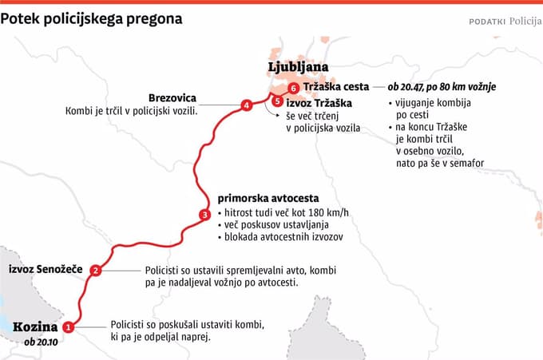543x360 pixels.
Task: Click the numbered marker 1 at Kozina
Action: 68,326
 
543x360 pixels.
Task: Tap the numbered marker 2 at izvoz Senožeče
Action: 96,271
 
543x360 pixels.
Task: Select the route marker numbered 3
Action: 204,214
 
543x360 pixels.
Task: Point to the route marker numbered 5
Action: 276,101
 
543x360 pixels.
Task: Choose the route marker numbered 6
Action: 294,87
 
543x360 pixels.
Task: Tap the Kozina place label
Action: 35,326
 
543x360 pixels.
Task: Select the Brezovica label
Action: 172,98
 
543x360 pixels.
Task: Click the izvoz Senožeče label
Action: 45,271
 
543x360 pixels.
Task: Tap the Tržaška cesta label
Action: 337,87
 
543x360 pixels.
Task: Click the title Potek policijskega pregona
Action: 91,17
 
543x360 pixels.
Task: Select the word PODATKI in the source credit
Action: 486,22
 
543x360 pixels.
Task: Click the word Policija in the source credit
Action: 524,21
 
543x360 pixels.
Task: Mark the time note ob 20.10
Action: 42,342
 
